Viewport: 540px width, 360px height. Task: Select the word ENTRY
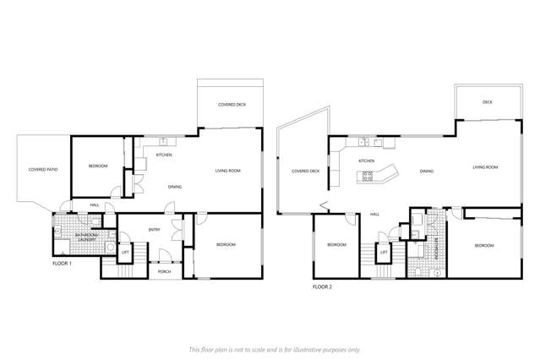click(155, 230)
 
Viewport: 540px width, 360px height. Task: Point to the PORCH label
click(165, 272)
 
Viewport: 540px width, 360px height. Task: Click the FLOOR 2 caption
click(323, 287)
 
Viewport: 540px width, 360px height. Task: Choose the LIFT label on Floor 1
click(125, 252)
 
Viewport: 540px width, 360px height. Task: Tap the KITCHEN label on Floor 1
click(164, 155)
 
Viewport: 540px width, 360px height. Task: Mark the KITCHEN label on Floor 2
click(366, 161)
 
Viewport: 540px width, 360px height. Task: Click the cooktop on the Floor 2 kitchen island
click(368, 176)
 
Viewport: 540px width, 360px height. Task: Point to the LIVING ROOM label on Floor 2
click(485, 167)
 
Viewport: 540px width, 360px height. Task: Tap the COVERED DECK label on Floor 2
click(306, 171)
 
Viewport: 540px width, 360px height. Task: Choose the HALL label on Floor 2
click(374, 214)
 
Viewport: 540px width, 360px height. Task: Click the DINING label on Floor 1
click(175, 187)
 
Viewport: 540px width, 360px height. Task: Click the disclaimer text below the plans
click(275, 348)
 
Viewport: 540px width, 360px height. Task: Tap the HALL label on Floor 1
click(96, 205)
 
